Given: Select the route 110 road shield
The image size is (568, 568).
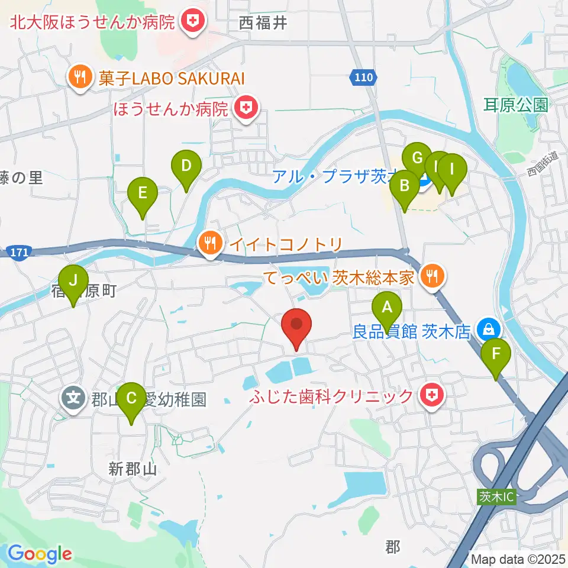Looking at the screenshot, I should pyautogui.click(x=361, y=76).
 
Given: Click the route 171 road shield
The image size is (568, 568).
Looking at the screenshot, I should pyautogui.click(x=19, y=253).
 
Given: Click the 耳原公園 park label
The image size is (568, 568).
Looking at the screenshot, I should pyautogui.click(x=515, y=105).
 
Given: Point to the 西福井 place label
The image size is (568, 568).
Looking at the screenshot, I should pyautogui.click(x=263, y=23).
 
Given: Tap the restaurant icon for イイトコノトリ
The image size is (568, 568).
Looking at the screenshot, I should pyautogui.click(x=210, y=243).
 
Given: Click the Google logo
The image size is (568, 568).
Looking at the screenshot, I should pyautogui.click(x=39, y=554).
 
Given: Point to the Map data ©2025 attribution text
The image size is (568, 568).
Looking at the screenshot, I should pyautogui.click(x=518, y=559).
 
